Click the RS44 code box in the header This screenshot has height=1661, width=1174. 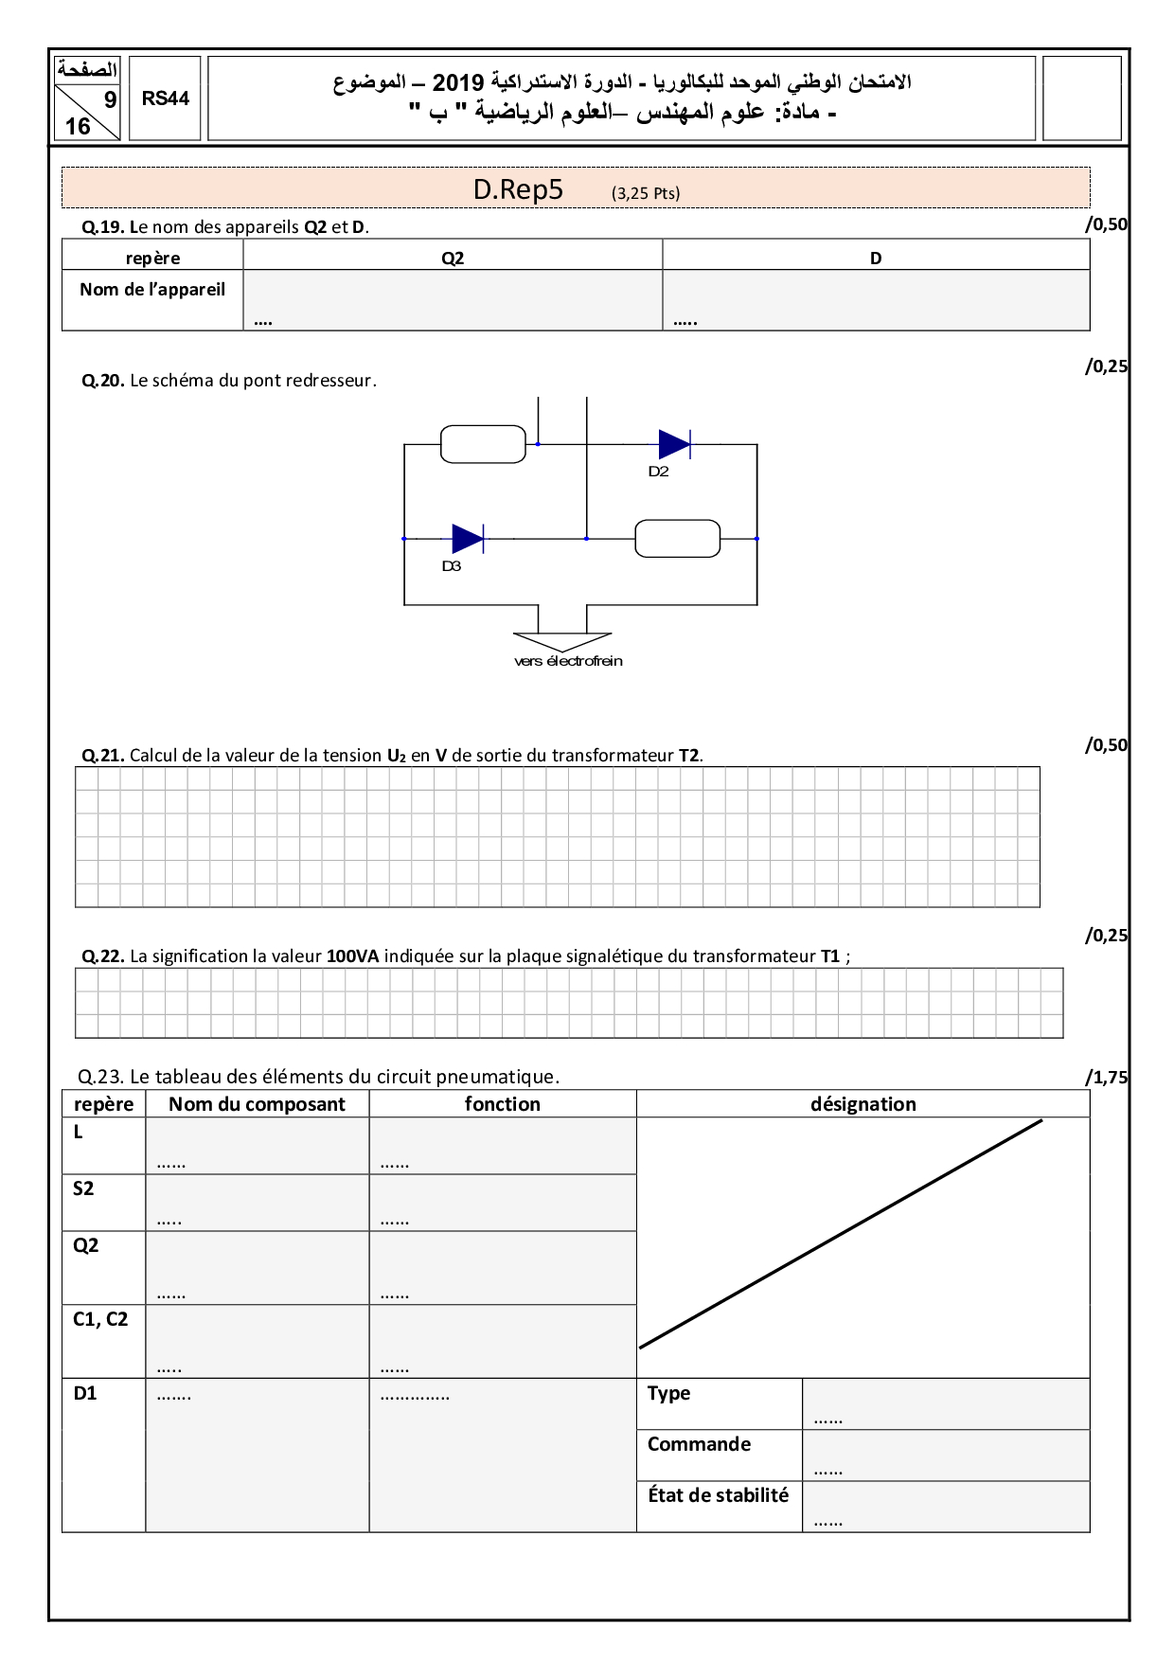click(165, 98)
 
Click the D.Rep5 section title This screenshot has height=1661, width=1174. click(518, 189)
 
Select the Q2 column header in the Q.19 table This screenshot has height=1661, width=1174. click(453, 258)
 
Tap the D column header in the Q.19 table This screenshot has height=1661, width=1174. click(876, 258)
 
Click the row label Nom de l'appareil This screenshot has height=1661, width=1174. click(152, 290)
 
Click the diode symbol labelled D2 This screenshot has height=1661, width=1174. click(674, 444)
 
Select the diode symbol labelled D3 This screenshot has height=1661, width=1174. click(468, 539)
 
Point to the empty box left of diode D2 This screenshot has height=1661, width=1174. click(483, 444)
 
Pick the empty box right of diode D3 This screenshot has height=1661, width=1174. click(677, 539)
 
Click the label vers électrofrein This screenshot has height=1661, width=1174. click(568, 661)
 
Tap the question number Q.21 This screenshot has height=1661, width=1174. click(103, 756)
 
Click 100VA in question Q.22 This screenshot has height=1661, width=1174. click(352, 956)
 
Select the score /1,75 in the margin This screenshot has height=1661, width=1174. click(1106, 1078)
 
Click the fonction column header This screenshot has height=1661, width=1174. click(502, 1104)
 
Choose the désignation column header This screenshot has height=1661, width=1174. click(863, 1104)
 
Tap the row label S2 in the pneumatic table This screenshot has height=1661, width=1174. click(83, 1189)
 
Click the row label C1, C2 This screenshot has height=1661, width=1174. click(100, 1319)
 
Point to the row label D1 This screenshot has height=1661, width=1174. click(85, 1393)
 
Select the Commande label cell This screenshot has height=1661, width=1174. click(699, 1444)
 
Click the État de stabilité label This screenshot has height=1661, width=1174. click(718, 1495)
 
